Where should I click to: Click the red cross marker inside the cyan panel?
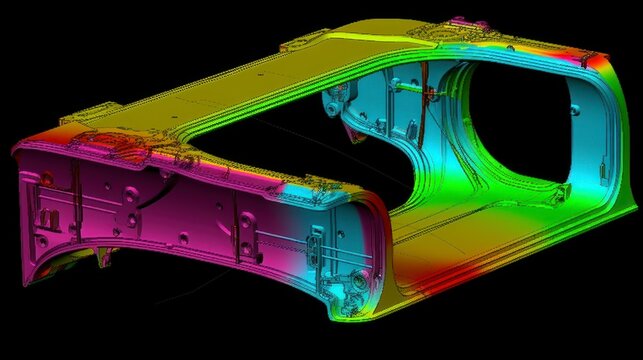click(x=431, y=95)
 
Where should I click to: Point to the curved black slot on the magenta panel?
click(x=149, y=195)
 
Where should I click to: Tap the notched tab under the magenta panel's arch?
click(x=104, y=258)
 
